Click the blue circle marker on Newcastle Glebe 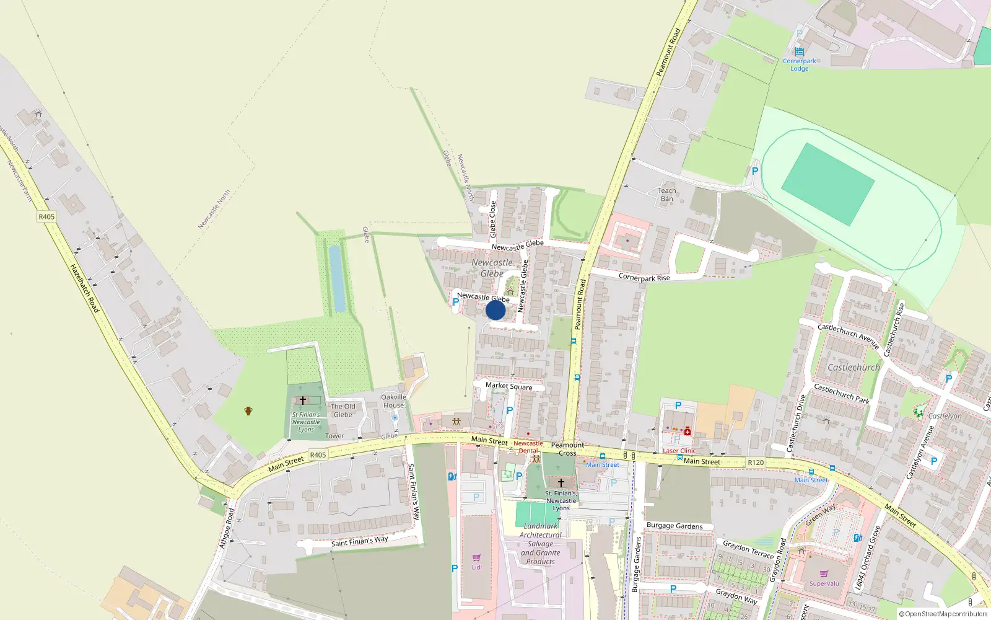point(495,310)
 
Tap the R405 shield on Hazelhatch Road point(46,216)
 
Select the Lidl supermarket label point(476,567)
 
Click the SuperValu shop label point(824,583)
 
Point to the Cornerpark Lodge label point(799,64)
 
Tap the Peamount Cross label point(567,449)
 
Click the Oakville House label point(393,401)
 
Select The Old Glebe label point(343,410)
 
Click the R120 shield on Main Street point(755,463)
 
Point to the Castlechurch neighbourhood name point(853,367)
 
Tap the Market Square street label point(509,386)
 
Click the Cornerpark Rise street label point(644,277)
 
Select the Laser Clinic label point(679,451)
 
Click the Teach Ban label point(666,195)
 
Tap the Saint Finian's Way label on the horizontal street point(359,541)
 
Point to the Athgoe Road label point(226,528)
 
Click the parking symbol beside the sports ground point(754,170)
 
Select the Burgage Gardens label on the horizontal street point(674,526)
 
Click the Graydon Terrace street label point(748,549)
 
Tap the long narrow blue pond point(338,278)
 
